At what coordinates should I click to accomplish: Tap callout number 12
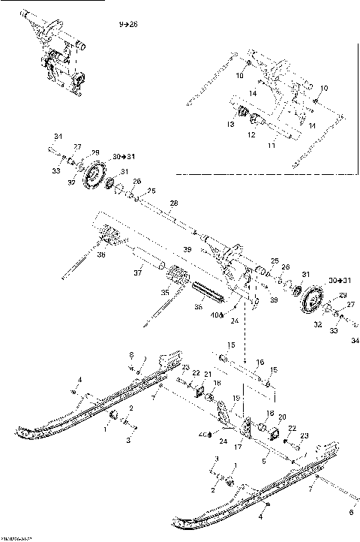click(252, 135)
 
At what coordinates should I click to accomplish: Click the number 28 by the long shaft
click(174, 203)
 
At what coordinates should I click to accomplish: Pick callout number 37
click(138, 272)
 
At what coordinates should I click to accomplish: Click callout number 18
click(217, 382)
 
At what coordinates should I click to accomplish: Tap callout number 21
click(208, 375)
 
